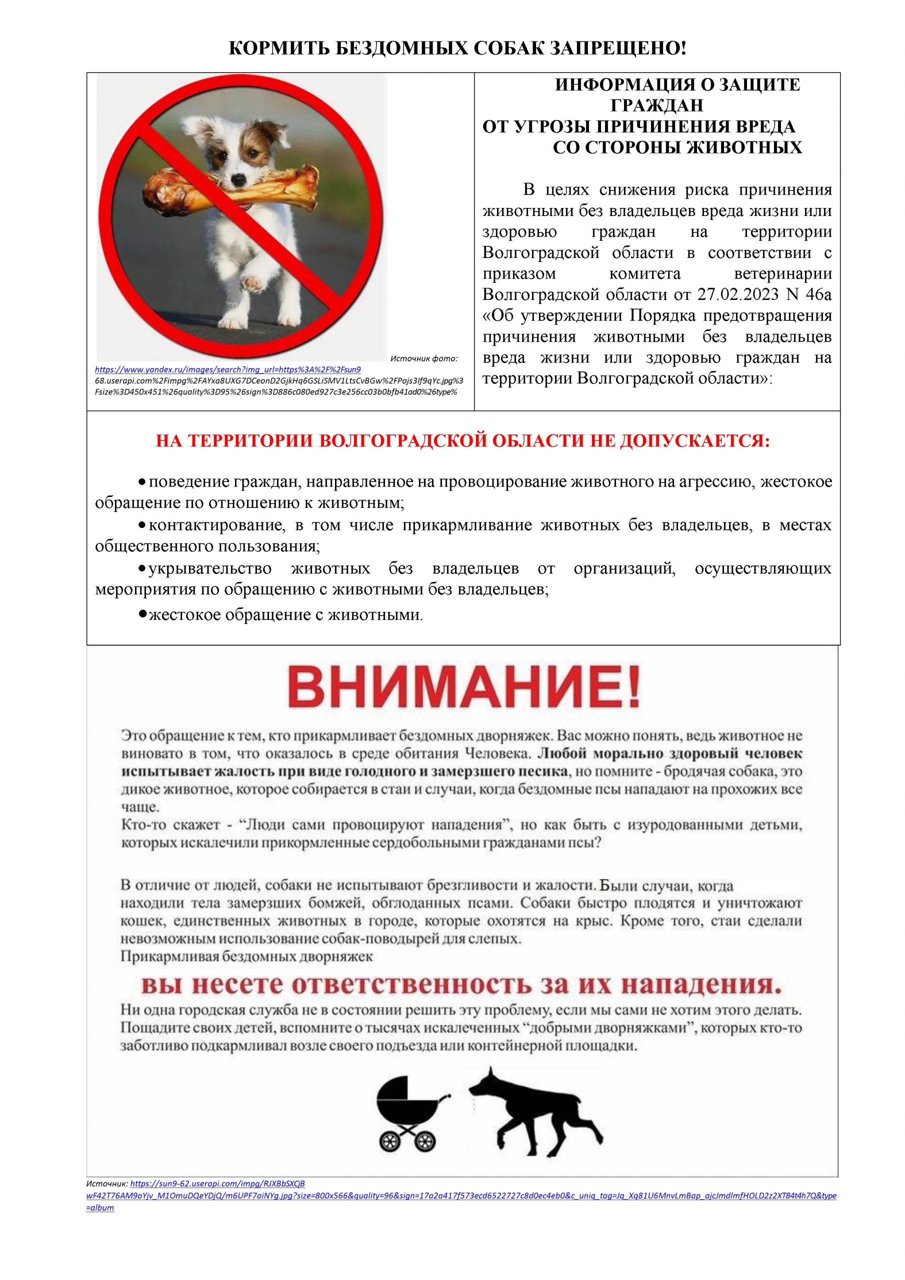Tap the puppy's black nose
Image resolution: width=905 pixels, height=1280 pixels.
(x=238, y=179)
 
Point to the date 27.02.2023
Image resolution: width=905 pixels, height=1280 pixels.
(x=732, y=294)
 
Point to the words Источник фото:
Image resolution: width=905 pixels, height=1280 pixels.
(x=424, y=358)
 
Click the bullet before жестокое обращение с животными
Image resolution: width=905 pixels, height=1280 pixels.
(x=142, y=614)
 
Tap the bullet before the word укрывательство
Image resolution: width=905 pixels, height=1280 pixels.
(x=142, y=568)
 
